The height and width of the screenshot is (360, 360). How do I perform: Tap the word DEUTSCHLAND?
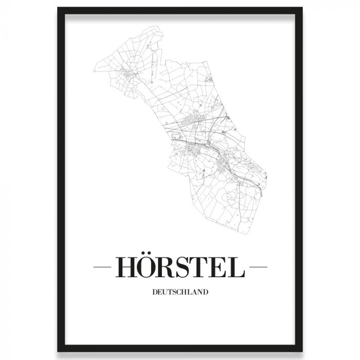(180, 292)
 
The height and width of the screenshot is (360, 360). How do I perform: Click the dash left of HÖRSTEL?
(102, 267)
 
